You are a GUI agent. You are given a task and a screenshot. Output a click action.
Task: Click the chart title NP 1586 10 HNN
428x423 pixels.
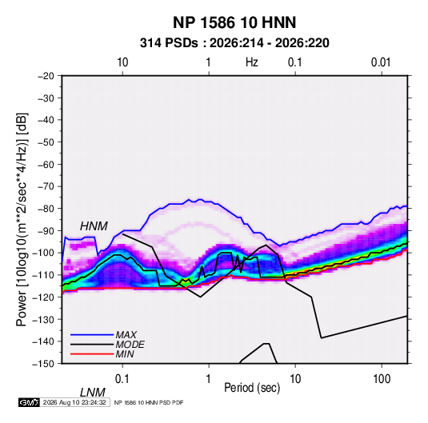[234, 22]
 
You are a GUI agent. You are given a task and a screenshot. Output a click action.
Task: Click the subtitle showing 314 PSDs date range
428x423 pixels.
[234, 43]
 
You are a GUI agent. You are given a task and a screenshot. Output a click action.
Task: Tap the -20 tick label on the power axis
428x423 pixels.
[46, 76]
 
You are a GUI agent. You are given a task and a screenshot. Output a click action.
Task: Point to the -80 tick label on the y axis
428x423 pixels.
[46, 209]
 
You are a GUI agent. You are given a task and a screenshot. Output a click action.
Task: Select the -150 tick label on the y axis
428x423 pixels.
[44, 364]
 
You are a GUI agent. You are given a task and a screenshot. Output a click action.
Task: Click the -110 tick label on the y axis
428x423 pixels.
[44, 275]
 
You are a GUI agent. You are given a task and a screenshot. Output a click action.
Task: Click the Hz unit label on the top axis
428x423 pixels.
[252, 62]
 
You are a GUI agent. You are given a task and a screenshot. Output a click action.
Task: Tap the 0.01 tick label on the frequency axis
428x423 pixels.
[381, 62]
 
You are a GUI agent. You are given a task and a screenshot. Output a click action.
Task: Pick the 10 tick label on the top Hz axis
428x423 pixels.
[122, 62]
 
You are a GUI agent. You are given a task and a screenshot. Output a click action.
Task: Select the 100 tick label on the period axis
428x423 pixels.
[382, 379]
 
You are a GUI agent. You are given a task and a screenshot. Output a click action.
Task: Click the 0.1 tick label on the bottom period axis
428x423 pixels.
[122, 379]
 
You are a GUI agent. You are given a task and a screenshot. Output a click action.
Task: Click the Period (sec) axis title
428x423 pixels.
[252, 388]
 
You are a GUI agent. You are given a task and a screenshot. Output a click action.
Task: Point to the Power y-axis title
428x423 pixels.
[22, 220]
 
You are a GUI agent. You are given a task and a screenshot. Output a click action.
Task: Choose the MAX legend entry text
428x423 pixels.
[126, 335]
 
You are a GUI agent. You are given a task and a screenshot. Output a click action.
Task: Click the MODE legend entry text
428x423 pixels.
[130, 345]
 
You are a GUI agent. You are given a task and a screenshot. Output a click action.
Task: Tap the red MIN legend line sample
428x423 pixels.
[92, 354]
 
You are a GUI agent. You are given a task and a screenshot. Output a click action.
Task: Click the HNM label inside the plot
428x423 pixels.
[94, 226]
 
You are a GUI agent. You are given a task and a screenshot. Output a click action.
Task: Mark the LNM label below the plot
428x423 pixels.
[93, 393]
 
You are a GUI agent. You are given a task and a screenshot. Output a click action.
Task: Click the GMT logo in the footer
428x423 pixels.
[30, 402]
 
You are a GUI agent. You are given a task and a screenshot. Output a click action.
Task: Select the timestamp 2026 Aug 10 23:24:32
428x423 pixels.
[74, 402]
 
